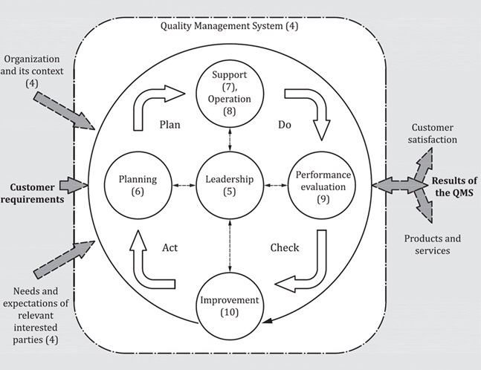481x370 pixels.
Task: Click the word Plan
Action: (170, 125)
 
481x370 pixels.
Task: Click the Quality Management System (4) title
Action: (229, 27)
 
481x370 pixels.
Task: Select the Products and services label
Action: (433, 244)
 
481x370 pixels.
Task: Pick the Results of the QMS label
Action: (454, 188)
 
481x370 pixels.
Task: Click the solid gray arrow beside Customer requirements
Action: (73, 185)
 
